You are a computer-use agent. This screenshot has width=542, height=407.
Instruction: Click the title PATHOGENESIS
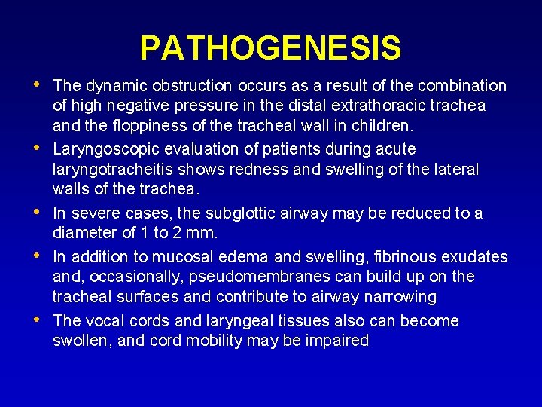(270, 48)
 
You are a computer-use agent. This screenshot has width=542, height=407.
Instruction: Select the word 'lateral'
(453, 169)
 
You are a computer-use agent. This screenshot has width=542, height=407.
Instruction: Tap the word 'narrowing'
(400, 296)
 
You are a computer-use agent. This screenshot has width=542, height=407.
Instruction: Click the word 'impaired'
(336, 341)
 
